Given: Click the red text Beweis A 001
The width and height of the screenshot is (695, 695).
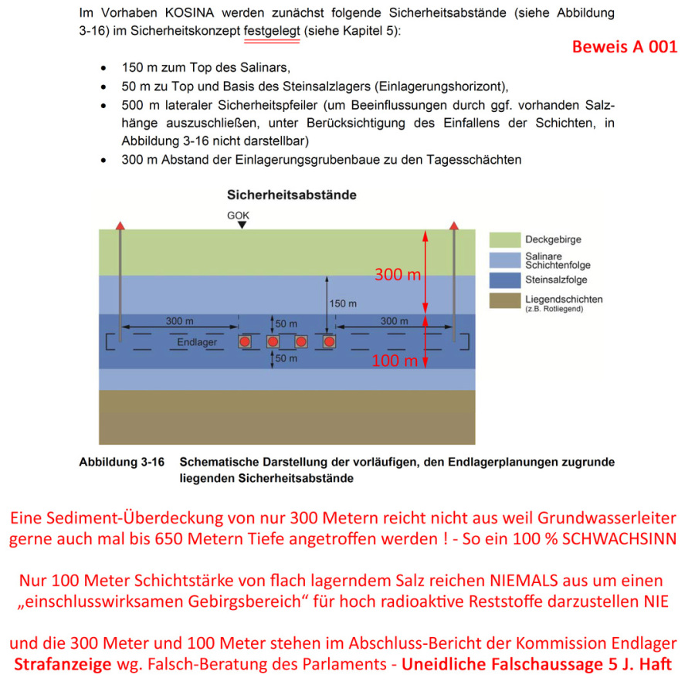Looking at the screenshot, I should coord(624,46).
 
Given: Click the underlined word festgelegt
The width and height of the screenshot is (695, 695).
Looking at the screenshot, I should coord(271,33).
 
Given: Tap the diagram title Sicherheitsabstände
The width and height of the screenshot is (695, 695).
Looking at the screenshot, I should coord(291,195).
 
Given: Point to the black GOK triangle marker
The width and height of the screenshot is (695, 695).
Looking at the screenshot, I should coord(242,225).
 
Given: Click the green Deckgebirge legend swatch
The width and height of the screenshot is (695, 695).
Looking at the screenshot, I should coord(503,239).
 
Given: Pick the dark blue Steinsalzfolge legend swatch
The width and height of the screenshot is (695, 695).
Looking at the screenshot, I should coord(503,280).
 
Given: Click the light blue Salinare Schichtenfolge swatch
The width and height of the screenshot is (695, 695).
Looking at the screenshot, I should coord(503,259).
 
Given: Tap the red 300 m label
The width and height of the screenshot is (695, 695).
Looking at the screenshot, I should coord(398,274).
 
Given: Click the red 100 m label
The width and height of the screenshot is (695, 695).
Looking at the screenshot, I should coord(395,361).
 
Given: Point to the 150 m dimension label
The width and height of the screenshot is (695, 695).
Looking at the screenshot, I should coord(341,303).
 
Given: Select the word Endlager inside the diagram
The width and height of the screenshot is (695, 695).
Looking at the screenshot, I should coord(197,341).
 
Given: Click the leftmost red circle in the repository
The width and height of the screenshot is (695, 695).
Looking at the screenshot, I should coord(245,341).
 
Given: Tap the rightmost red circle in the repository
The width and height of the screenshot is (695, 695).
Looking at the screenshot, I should coord(329,341).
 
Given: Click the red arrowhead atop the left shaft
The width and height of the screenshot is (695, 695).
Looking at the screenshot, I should coord(120,225).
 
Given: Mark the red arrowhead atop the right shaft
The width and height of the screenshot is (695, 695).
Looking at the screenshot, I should coord(454,225).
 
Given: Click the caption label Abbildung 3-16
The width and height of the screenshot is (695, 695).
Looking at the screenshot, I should coord(122,463).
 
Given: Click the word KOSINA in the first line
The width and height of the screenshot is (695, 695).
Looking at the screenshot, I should coord(192,13).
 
